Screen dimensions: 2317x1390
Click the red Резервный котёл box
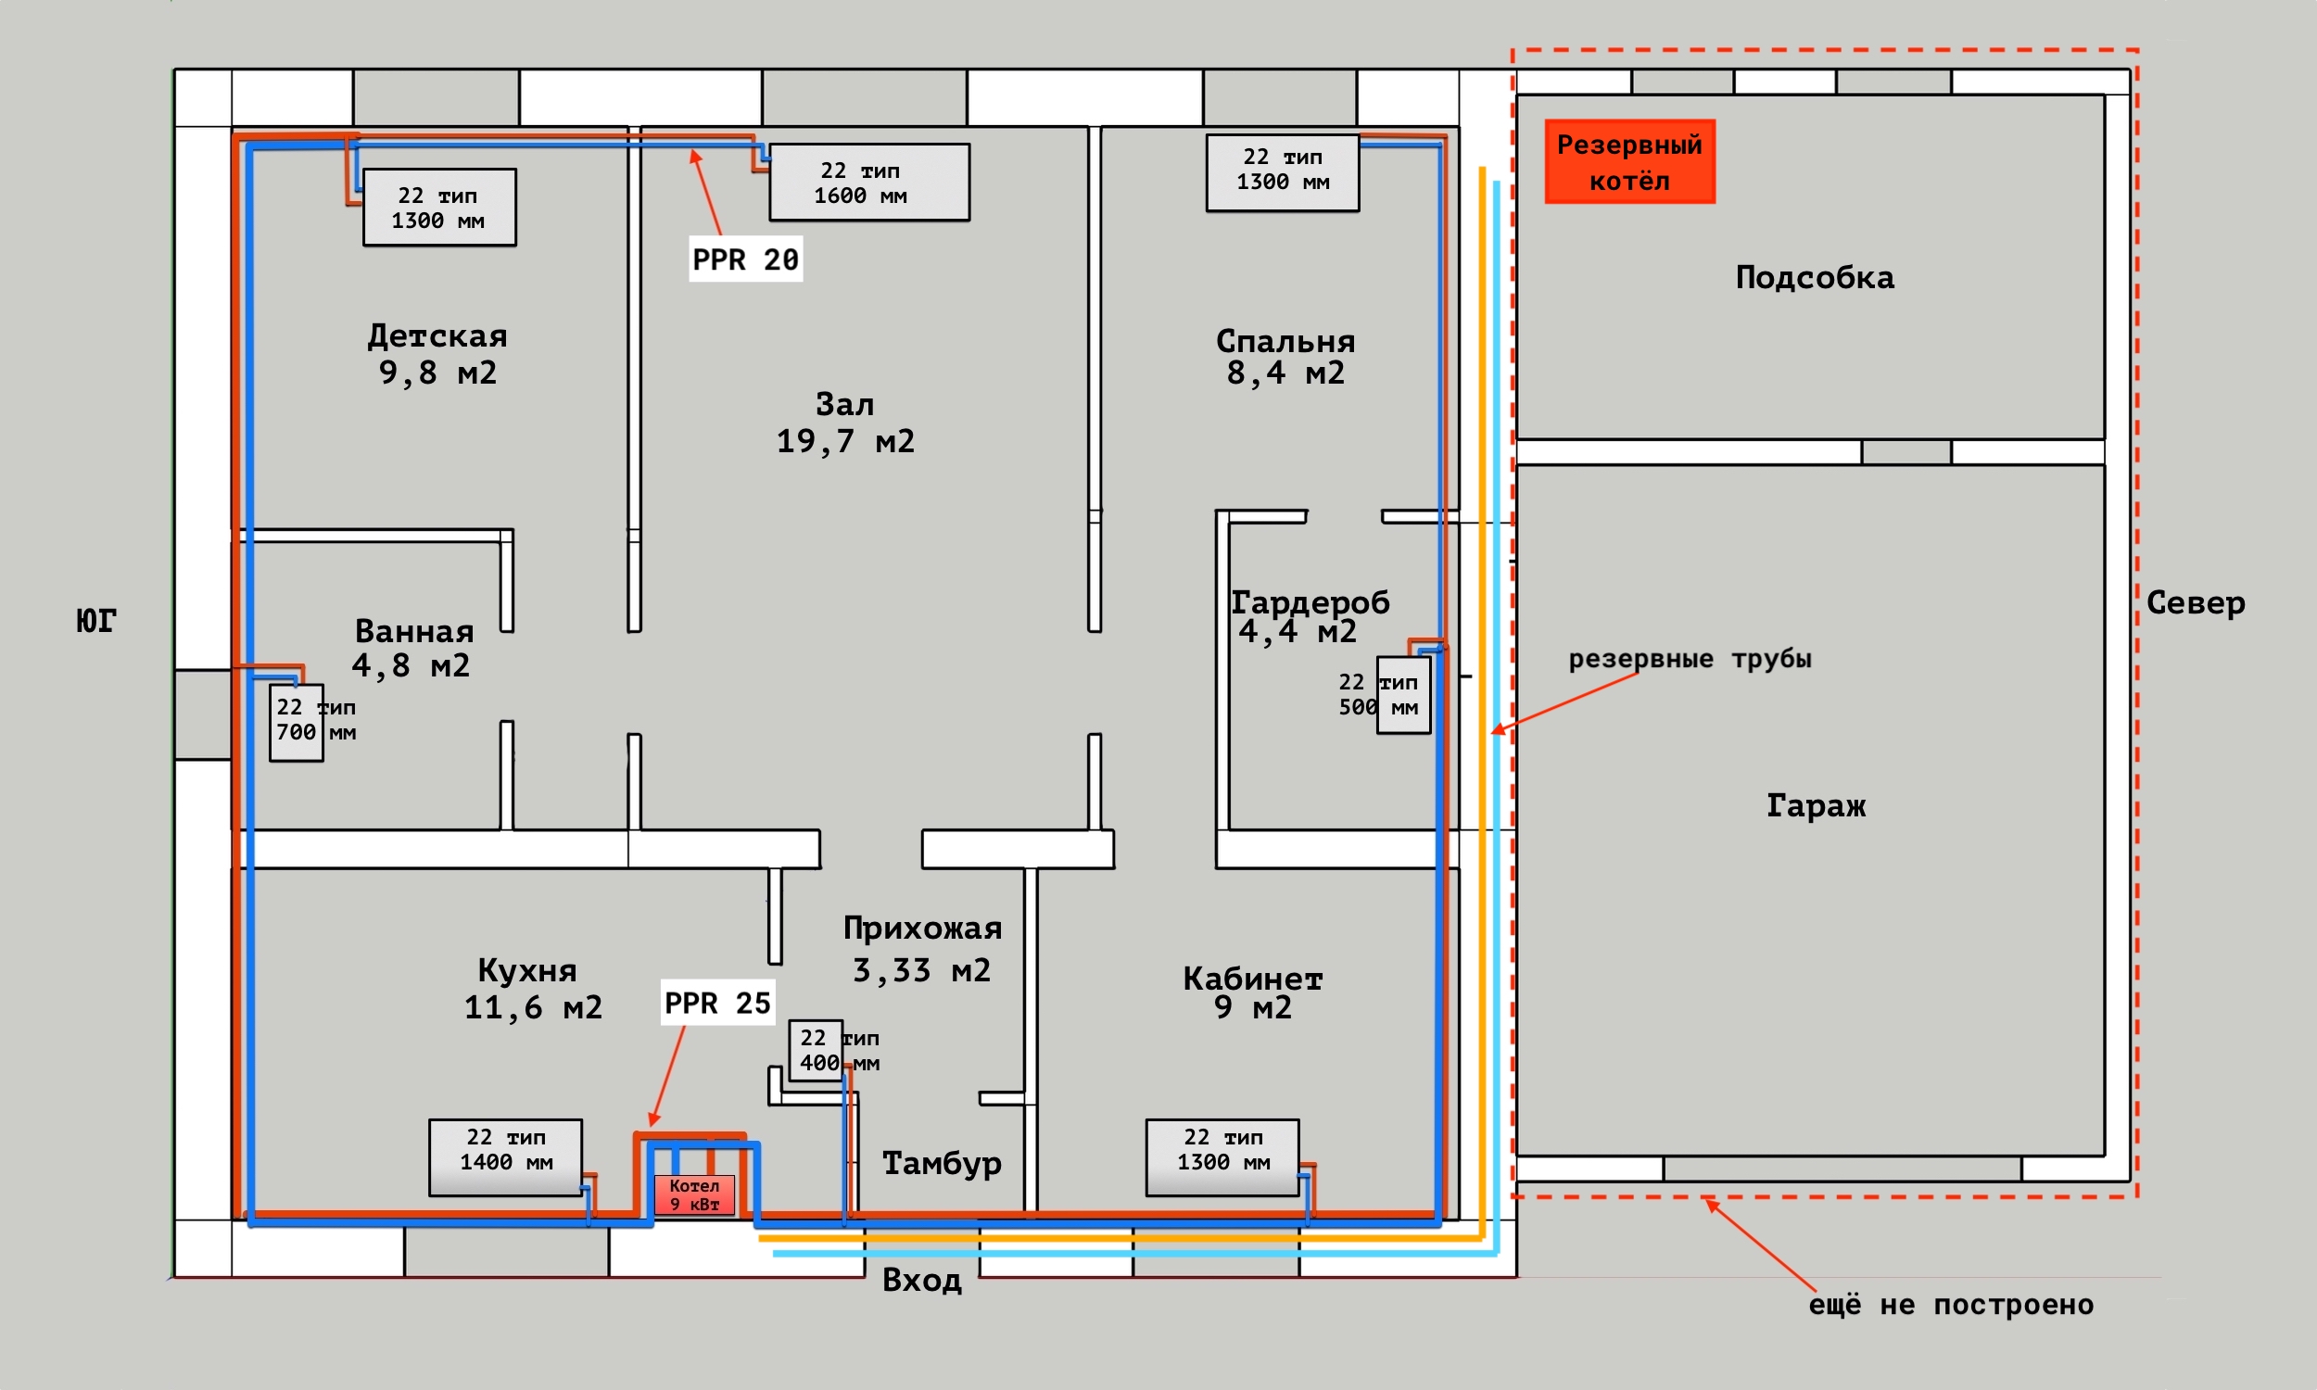coord(1629,161)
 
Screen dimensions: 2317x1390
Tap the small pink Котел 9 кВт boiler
coord(694,1194)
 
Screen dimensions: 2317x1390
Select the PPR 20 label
coord(745,259)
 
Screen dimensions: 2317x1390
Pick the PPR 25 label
coord(717,1003)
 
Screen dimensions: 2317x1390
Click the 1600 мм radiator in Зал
coord(869,183)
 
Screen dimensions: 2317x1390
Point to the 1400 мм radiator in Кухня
coord(506,1157)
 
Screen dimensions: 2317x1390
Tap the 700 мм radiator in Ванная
coord(297,723)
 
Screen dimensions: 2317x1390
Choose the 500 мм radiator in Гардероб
coord(1403,695)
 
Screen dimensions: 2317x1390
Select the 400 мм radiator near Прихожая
coord(816,1050)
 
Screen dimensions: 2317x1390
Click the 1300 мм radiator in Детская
coord(439,208)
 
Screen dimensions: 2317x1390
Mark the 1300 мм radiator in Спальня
coord(1282,173)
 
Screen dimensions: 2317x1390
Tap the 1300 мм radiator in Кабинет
coord(1222,1157)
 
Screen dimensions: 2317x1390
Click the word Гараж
coord(1816,805)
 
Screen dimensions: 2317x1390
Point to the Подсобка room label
coord(1815,277)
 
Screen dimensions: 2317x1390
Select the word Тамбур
coord(943,1163)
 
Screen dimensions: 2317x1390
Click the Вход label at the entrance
coord(922,1280)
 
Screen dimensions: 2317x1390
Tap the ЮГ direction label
coord(95,620)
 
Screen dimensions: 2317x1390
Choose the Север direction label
coord(2197,602)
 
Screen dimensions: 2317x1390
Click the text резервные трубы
coord(1690,659)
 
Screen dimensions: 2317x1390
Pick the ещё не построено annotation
coord(1952,1305)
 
